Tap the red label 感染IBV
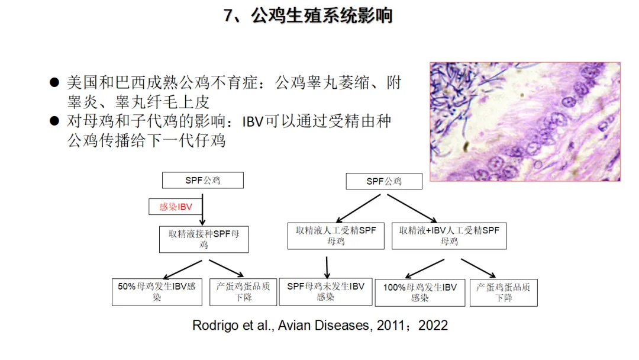tap(176, 207)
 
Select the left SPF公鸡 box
tap(202, 180)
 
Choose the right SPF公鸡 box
tap(384, 181)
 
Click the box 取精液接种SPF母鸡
tap(204, 239)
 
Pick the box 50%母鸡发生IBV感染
tap(156, 292)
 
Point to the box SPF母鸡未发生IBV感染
tap(325, 292)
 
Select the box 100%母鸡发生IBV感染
tap(419, 292)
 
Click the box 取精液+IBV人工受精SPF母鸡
tap(449, 236)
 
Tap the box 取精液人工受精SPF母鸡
tap(336, 236)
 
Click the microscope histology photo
tap(525, 121)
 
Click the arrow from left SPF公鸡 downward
tap(202, 207)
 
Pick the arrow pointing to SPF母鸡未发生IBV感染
tap(326, 264)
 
